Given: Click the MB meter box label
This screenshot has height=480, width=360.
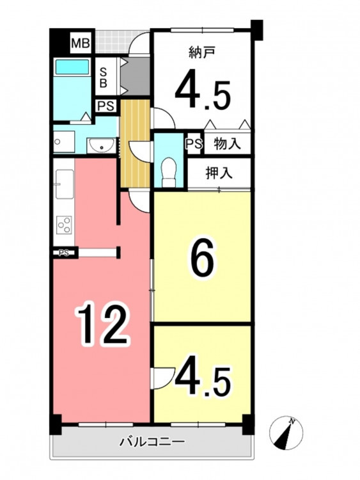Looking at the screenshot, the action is (x=81, y=43).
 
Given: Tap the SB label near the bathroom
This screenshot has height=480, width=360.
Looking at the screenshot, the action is (x=104, y=77).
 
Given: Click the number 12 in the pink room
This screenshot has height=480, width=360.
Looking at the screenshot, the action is (x=104, y=323).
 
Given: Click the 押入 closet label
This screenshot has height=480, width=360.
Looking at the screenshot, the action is (x=219, y=173).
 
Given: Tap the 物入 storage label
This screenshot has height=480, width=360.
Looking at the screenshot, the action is (x=227, y=143).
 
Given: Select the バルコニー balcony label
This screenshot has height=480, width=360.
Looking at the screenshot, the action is (x=152, y=442).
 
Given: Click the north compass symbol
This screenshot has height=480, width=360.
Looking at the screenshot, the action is (x=286, y=433).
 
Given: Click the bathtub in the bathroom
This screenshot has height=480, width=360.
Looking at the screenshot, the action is (x=72, y=67).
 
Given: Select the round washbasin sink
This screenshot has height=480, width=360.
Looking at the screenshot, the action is (x=101, y=145).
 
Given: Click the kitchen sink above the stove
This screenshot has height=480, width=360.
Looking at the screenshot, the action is (x=64, y=184).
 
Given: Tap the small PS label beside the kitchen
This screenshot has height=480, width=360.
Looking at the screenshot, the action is (x=63, y=253).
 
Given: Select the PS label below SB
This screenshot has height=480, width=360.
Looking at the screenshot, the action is (x=106, y=106).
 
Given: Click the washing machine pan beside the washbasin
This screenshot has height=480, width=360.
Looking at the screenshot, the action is (x=64, y=142).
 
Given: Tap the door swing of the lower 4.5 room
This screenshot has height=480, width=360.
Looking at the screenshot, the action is (x=163, y=378).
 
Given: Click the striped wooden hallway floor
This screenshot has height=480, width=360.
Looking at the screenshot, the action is (x=136, y=143).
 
